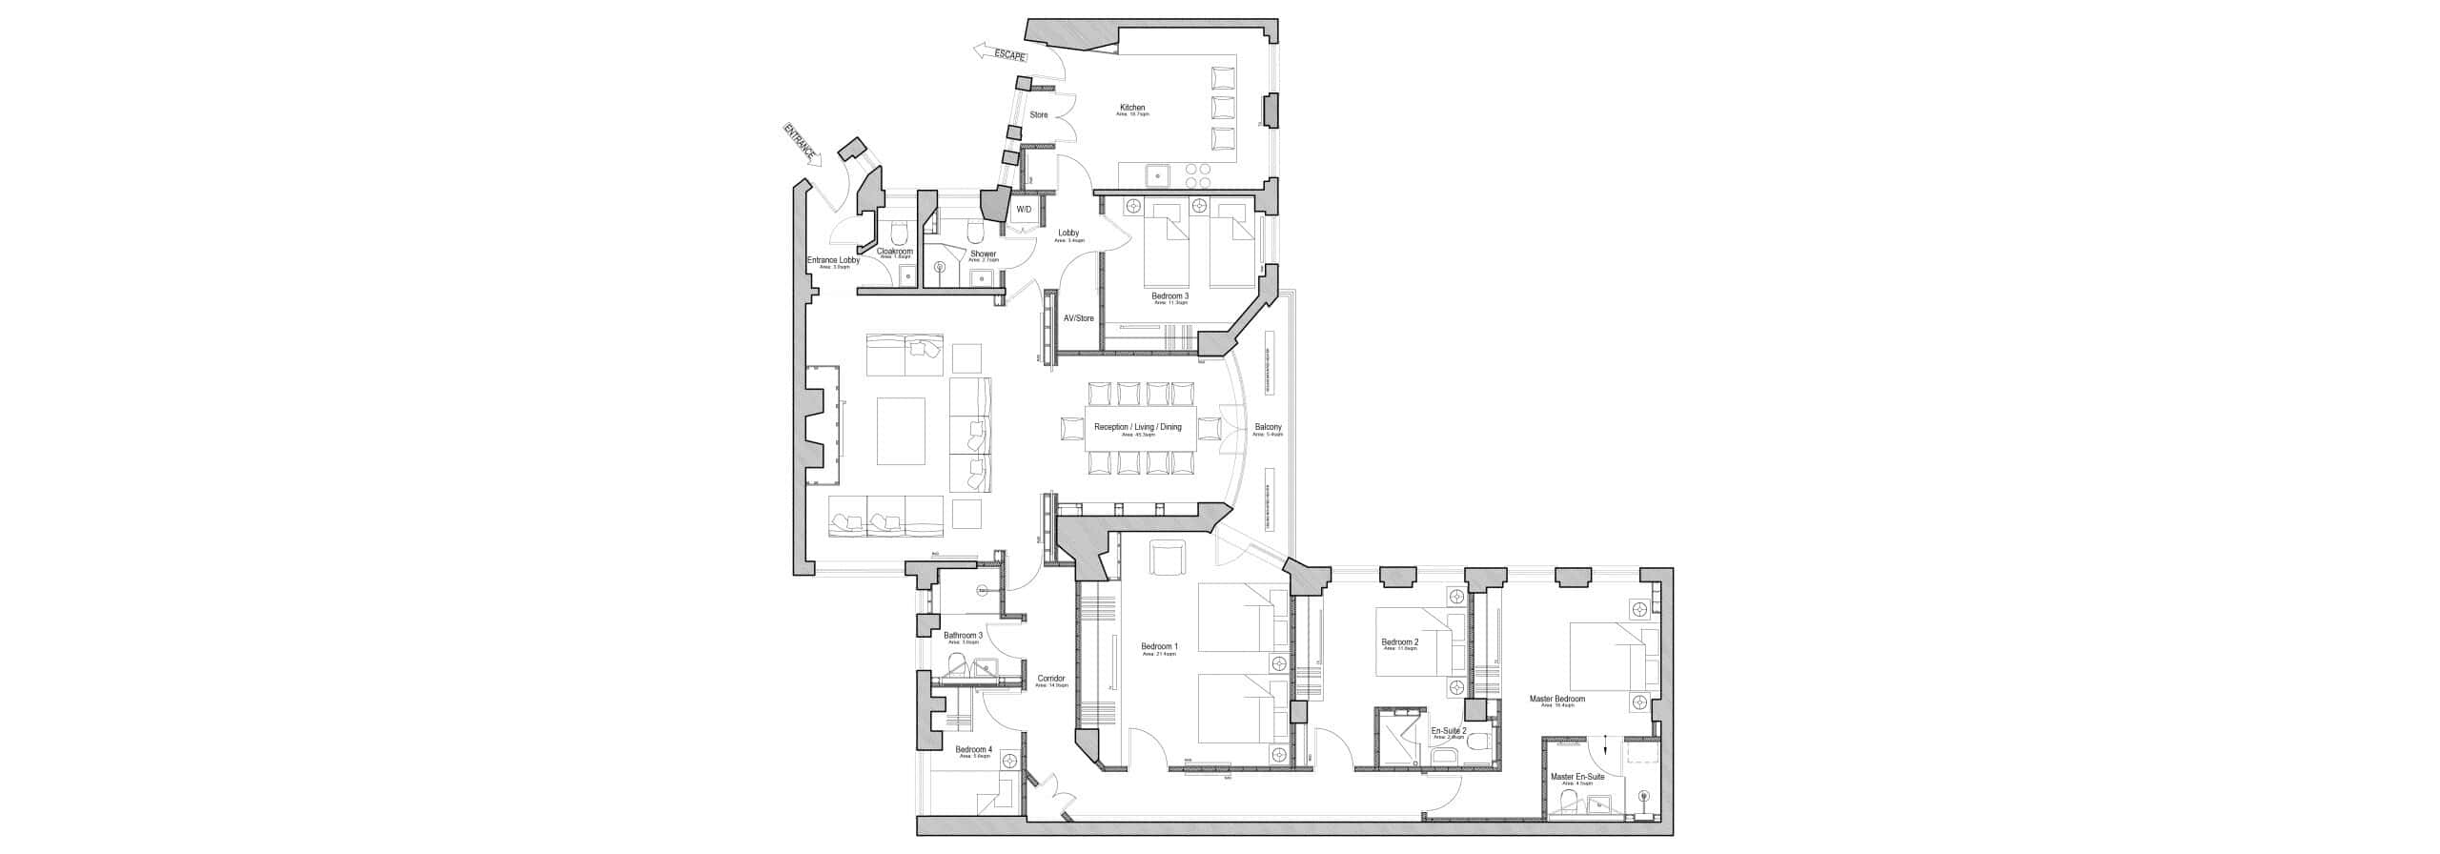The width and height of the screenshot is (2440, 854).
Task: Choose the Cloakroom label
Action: click(x=228, y=252)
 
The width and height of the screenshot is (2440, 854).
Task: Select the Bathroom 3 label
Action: click(x=295, y=636)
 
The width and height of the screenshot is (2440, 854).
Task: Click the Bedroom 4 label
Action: click(x=307, y=750)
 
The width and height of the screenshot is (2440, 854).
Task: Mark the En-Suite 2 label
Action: click(x=1449, y=732)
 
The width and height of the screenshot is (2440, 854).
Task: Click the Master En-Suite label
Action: click(x=1577, y=777)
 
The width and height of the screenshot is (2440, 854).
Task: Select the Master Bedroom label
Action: click(x=1557, y=699)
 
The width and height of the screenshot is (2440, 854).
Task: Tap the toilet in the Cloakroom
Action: click(x=230, y=233)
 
